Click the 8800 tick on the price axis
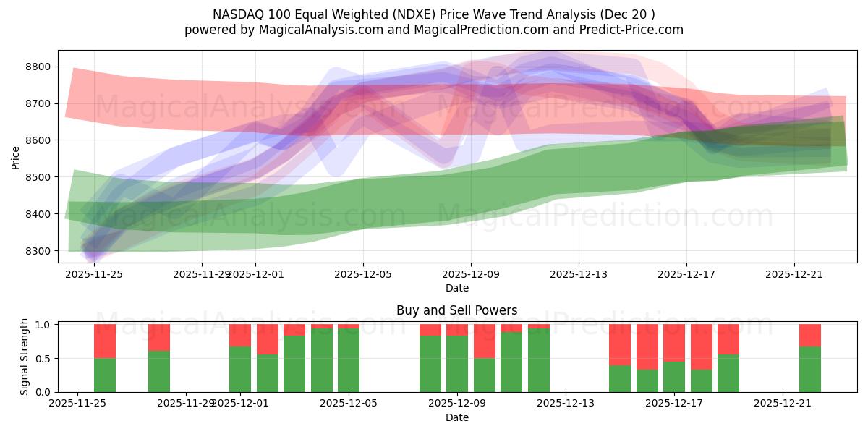(x=38, y=67)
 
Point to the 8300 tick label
(x=38, y=251)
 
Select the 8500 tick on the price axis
(x=38, y=177)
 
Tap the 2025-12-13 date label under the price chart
(x=579, y=274)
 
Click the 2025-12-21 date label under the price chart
(x=794, y=274)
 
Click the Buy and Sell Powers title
(x=456, y=310)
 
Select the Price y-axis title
(x=16, y=157)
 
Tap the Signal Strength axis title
(x=24, y=357)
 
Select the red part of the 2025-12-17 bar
(x=674, y=342)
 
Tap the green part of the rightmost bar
(x=810, y=369)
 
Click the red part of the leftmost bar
(x=105, y=341)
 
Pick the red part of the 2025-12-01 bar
(x=240, y=335)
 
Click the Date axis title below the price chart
(x=456, y=288)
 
